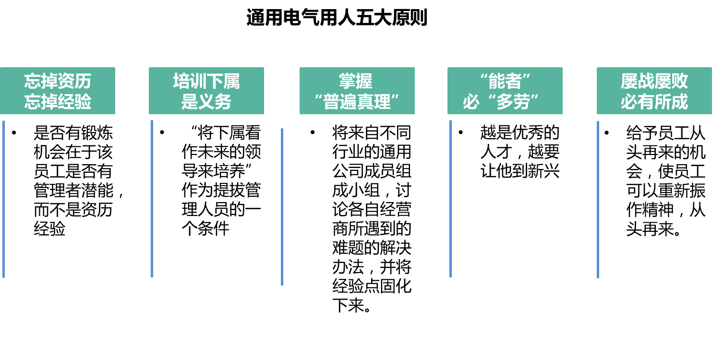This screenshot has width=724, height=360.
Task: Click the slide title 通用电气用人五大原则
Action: pos(337,18)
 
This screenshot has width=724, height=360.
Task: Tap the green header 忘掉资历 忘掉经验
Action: pos(58,91)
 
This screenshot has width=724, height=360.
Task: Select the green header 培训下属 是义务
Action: pos(206,91)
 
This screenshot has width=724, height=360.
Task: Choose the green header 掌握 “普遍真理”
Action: pos(357,91)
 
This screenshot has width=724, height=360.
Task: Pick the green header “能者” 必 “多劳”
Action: pos(505,91)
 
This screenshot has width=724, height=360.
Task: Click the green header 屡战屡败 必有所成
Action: pos(654,91)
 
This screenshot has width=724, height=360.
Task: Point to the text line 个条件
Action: pos(205,229)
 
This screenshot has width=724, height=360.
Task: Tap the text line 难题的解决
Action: pos(372,248)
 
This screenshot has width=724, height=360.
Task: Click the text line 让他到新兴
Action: pos(520,171)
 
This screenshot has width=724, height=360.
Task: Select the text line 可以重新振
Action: pos(665,191)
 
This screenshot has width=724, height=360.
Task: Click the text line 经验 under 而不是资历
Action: pos(49,229)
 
